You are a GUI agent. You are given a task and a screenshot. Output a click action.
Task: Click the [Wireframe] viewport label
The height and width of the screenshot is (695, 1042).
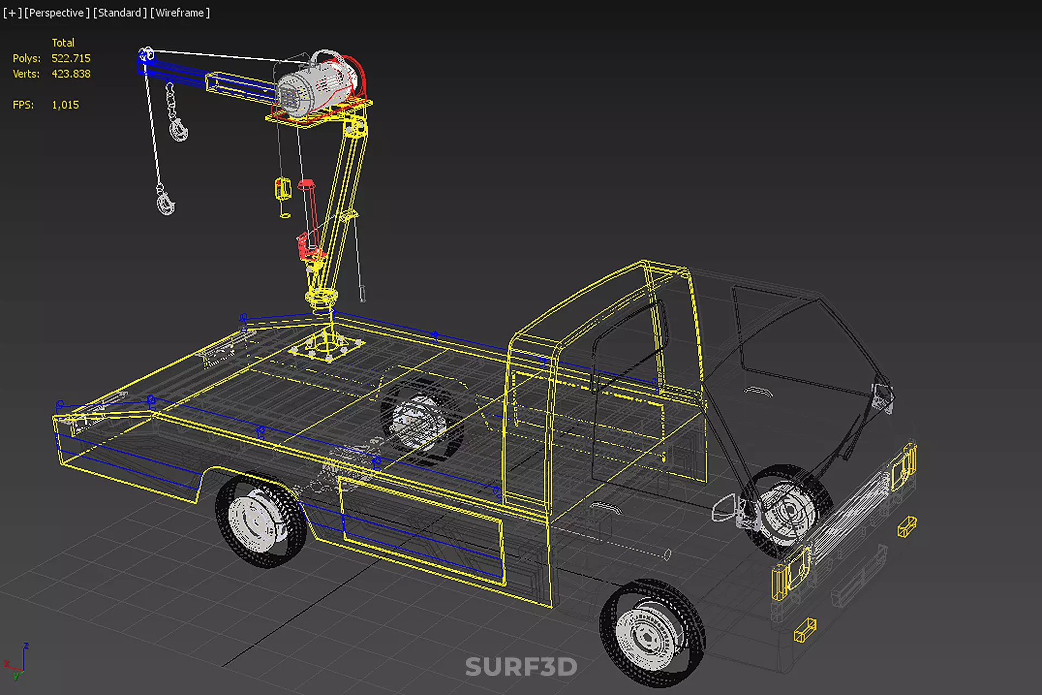(x=180, y=12)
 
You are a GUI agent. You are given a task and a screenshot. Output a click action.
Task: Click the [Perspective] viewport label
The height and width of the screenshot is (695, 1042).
(x=56, y=12)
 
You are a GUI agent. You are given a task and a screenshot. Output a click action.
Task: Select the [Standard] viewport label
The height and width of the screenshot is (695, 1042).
(x=119, y=12)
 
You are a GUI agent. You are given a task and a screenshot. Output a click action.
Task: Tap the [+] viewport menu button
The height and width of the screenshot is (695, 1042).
(x=12, y=12)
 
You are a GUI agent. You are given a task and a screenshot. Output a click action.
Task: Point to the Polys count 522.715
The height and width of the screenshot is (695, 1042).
(x=71, y=58)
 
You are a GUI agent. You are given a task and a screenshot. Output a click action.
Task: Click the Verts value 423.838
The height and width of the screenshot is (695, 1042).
(x=71, y=74)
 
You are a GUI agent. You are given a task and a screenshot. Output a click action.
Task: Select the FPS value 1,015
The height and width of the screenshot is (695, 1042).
(x=65, y=105)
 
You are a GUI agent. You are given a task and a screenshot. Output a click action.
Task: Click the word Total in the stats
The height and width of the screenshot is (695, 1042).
(x=63, y=42)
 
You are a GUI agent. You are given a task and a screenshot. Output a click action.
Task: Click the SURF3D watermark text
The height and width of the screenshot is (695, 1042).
(x=521, y=667)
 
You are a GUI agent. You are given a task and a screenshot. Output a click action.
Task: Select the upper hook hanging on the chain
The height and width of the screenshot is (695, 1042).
(x=179, y=130)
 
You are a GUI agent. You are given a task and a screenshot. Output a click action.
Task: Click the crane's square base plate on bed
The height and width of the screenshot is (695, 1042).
(x=327, y=347)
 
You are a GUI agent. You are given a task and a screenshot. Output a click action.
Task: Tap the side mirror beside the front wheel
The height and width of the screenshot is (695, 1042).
(x=724, y=508)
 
